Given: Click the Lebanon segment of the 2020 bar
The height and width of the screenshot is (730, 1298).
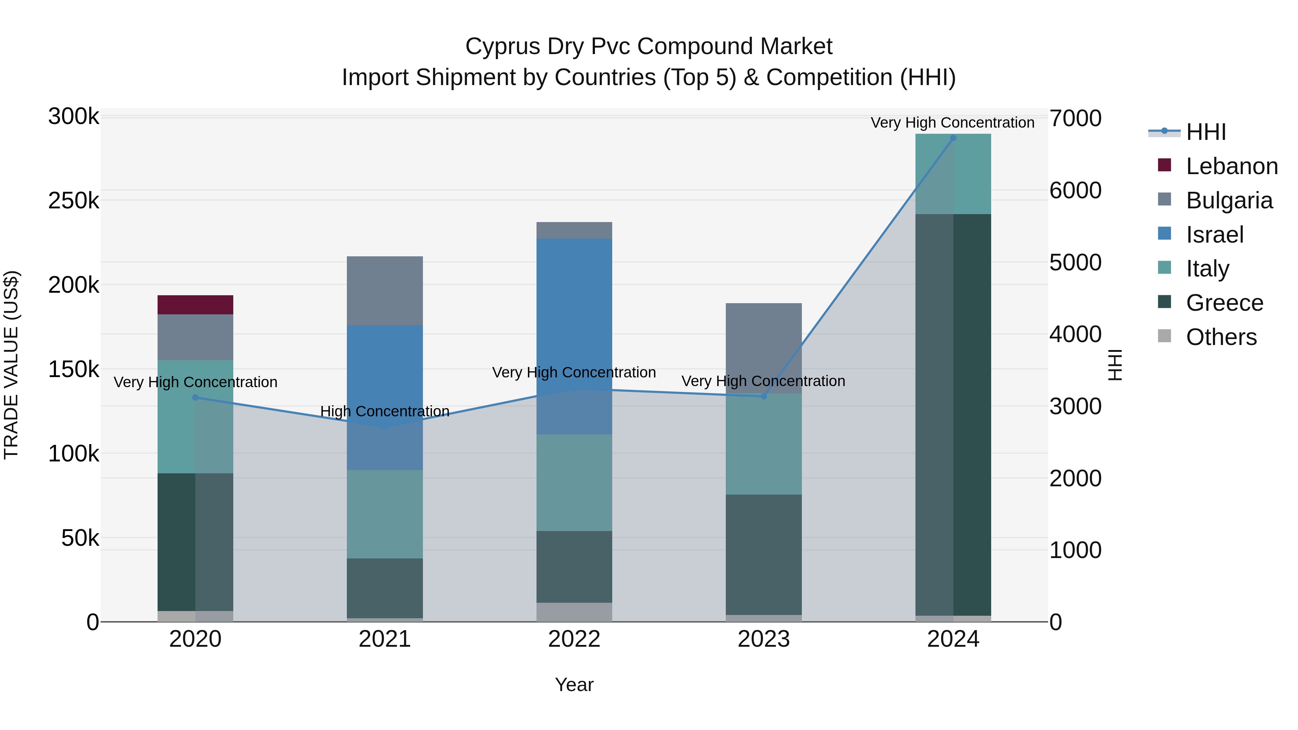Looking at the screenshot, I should [195, 305].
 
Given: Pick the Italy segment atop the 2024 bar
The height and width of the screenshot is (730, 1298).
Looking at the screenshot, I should [953, 174].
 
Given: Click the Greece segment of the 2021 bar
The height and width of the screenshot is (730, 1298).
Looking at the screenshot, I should [384, 588].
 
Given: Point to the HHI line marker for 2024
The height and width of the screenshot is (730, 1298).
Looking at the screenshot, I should [953, 138].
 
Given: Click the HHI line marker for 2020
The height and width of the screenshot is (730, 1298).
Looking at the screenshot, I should [195, 398].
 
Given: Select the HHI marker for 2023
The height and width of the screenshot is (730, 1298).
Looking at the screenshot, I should [763, 397].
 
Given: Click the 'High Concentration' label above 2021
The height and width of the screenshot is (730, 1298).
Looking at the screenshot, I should [384, 411].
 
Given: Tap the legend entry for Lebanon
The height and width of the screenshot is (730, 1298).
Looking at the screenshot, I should [1232, 166].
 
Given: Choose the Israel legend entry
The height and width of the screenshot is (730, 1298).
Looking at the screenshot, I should [1214, 235].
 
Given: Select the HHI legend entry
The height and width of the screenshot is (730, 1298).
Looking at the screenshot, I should [1206, 132].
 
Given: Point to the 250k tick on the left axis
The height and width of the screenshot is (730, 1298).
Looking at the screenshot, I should [74, 200].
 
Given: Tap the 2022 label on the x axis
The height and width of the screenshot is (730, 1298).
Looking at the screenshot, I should [574, 639].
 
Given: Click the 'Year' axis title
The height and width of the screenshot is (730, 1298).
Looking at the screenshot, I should [574, 685].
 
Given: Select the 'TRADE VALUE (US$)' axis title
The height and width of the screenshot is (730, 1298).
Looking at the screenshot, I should [11, 365].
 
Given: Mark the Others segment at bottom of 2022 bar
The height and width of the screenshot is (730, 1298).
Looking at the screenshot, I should [574, 612].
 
